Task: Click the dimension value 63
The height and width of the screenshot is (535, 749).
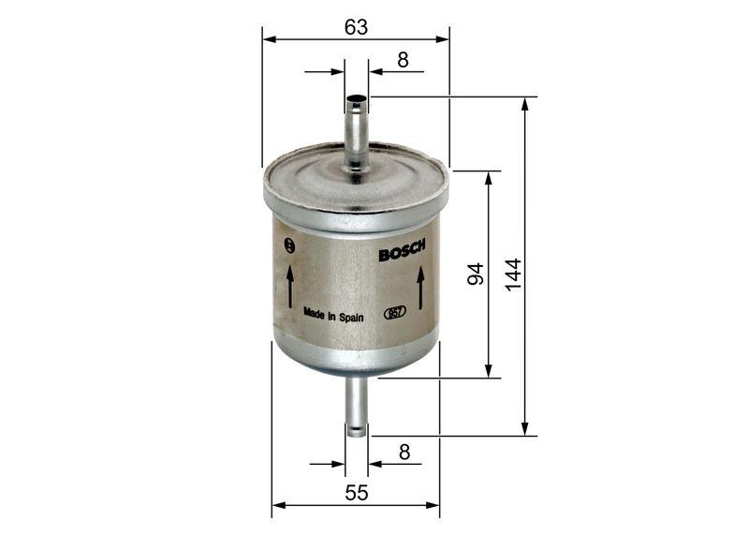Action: [356, 27]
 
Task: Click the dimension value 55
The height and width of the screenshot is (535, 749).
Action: [356, 492]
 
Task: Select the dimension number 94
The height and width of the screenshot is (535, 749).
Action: [476, 275]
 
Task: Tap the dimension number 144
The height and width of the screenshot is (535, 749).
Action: [512, 274]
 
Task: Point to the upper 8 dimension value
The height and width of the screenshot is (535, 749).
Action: [403, 60]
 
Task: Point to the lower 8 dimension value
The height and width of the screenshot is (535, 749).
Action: [404, 452]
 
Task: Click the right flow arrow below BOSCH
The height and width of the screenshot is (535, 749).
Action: [421, 288]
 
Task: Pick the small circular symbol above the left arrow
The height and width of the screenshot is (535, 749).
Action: [289, 246]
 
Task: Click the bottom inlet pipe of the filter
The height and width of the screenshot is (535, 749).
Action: [356, 403]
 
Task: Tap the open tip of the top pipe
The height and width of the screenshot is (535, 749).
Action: [356, 97]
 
